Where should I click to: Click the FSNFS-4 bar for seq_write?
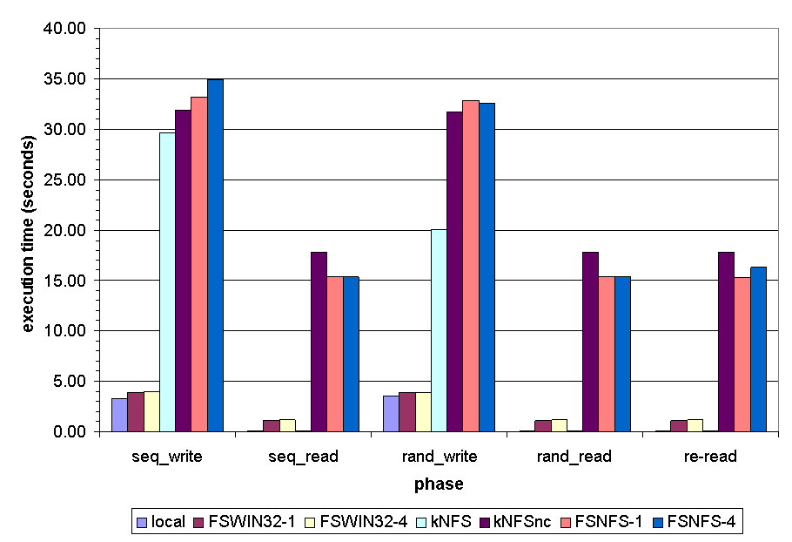(215, 255)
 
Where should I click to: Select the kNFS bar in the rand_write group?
(439, 330)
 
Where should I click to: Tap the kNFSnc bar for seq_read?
(319, 342)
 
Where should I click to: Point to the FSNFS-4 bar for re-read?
(758, 349)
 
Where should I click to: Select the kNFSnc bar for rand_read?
(591, 342)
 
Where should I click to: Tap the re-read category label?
(712, 456)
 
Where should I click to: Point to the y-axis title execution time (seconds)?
(28, 230)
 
